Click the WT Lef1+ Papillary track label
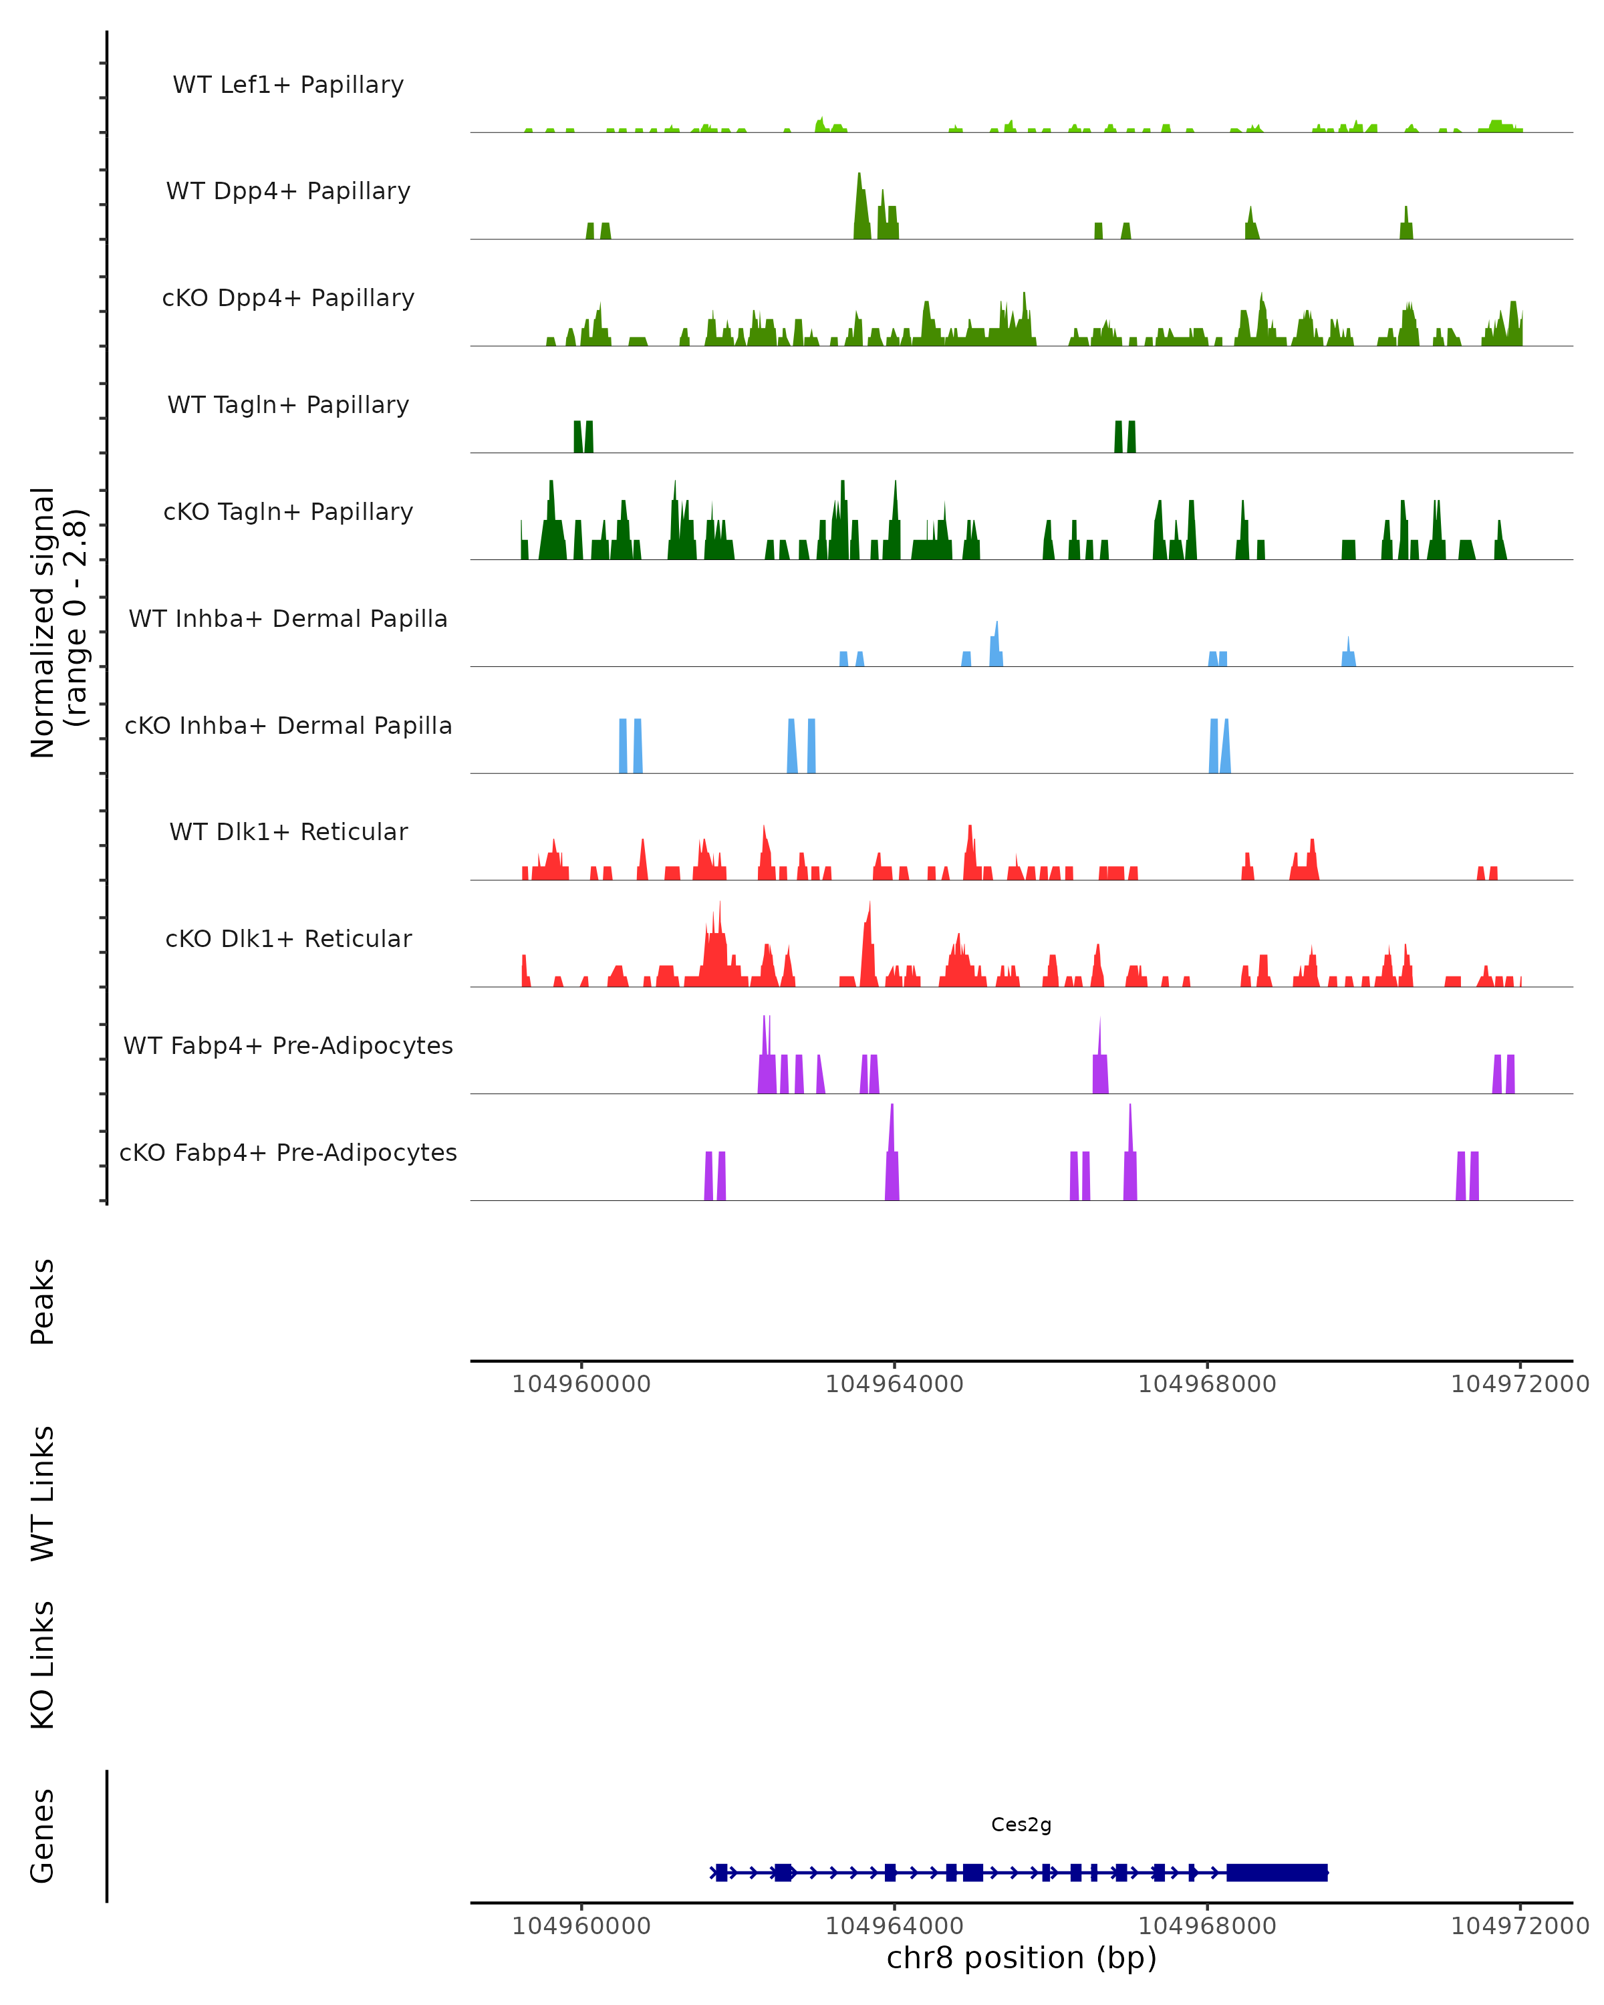coord(288,85)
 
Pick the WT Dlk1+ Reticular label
coord(288,831)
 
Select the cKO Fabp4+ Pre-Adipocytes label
coord(288,1152)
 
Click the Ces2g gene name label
coord(1021,1825)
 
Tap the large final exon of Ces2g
coord(1277,1872)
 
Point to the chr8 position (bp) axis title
coord(1021,1958)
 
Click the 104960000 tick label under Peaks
coord(581,1384)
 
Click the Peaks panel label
coord(43,1302)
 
